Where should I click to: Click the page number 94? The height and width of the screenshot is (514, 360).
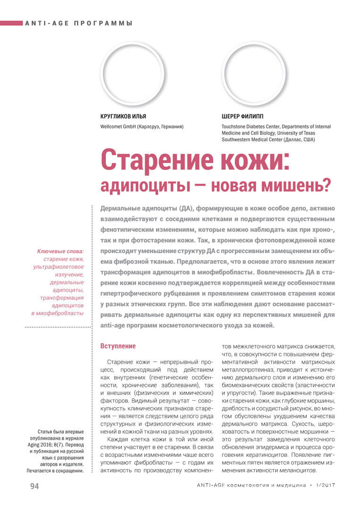(x=34, y=486)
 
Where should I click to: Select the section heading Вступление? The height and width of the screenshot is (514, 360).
(x=118, y=346)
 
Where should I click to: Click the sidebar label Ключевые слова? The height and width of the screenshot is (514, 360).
(x=60, y=251)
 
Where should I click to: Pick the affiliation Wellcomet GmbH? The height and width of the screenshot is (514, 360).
(x=119, y=127)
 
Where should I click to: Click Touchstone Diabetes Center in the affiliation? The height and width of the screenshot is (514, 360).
(x=251, y=127)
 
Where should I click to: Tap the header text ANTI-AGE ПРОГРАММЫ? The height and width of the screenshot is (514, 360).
(x=78, y=23)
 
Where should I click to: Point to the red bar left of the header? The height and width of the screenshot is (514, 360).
(x=11, y=23)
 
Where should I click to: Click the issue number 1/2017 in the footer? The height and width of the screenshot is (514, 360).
(x=325, y=486)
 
